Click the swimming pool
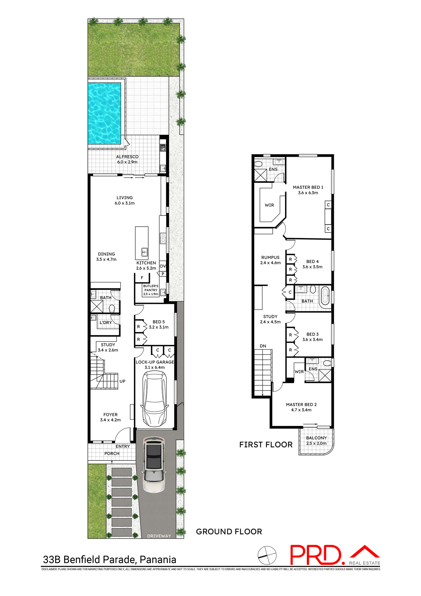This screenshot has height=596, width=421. [x=105, y=113]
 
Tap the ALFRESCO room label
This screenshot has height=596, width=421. [x=127, y=157]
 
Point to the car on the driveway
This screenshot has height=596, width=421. [x=154, y=464]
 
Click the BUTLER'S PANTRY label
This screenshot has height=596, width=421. [x=151, y=288]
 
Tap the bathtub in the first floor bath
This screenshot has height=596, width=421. [x=325, y=297]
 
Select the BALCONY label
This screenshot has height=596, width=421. [x=316, y=438]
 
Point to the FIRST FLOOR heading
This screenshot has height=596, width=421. [x=266, y=445]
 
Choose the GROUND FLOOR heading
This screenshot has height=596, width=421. [x=229, y=532]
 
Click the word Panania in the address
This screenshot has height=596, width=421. [x=158, y=560]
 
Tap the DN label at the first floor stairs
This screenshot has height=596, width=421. [x=263, y=346]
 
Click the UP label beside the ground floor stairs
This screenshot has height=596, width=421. [x=123, y=382]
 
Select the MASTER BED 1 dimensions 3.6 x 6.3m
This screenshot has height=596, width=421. [x=308, y=193]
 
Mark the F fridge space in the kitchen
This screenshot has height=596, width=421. [x=142, y=278]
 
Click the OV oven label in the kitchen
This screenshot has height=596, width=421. [x=163, y=266]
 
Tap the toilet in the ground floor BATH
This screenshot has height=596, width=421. [x=112, y=309]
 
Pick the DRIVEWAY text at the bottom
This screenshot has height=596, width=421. [x=159, y=536]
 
